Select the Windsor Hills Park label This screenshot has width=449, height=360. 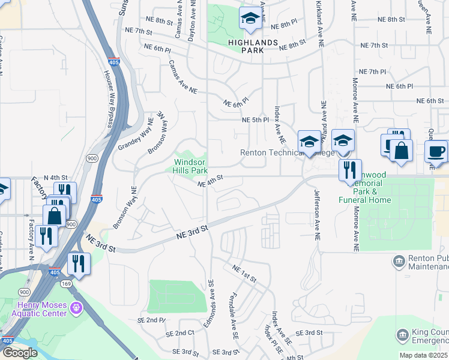point(190,166)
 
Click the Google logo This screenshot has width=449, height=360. point(20,353)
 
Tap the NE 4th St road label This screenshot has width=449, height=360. point(211,181)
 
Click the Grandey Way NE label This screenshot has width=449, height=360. point(136,135)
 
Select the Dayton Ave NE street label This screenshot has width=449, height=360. point(193,20)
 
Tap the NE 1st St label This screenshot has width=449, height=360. point(244,274)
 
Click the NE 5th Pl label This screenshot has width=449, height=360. point(255,120)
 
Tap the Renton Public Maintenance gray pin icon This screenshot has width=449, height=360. point(399,261)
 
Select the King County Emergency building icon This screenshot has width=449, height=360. point(403,334)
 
